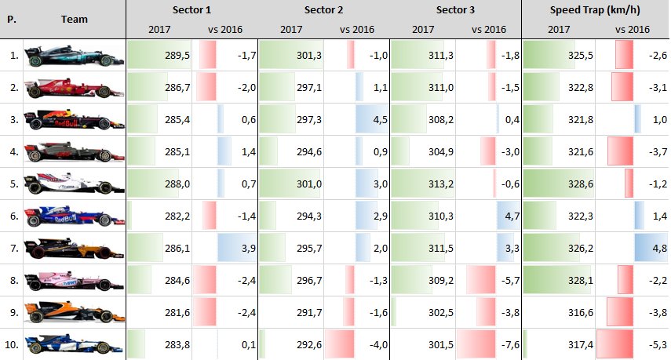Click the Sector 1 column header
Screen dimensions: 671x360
click(x=191, y=10)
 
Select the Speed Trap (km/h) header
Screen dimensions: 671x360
click(x=595, y=10)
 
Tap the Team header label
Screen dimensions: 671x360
click(x=74, y=20)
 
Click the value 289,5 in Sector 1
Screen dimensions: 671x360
click(x=177, y=55)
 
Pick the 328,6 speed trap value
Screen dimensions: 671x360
click(x=581, y=184)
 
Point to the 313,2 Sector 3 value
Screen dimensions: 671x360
click(x=441, y=184)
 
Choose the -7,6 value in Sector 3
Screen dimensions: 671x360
click(x=511, y=344)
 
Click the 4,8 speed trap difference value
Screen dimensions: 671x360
click(x=659, y=248)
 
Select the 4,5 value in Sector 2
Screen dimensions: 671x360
click(x=380, y=120)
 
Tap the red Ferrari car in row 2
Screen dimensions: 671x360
click(x=74, y=87)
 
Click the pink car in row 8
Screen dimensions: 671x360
click(x=74, y=281)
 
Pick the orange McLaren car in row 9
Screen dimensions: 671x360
click(x=74, y=312)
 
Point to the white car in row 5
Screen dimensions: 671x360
click(x=74, y=184)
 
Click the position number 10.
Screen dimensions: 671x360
click(x=12, y=344)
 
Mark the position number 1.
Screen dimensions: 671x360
click(x=14, y=55)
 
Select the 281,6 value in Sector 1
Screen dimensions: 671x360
click(x=177, y=312)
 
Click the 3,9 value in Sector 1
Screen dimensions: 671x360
click(x=248, y=248)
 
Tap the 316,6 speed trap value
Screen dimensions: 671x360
click(x=581, y=312)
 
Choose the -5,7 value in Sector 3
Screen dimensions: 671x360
click(x=511, y=281)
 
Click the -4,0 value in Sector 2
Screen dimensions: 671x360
click(x=379, y=344)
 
